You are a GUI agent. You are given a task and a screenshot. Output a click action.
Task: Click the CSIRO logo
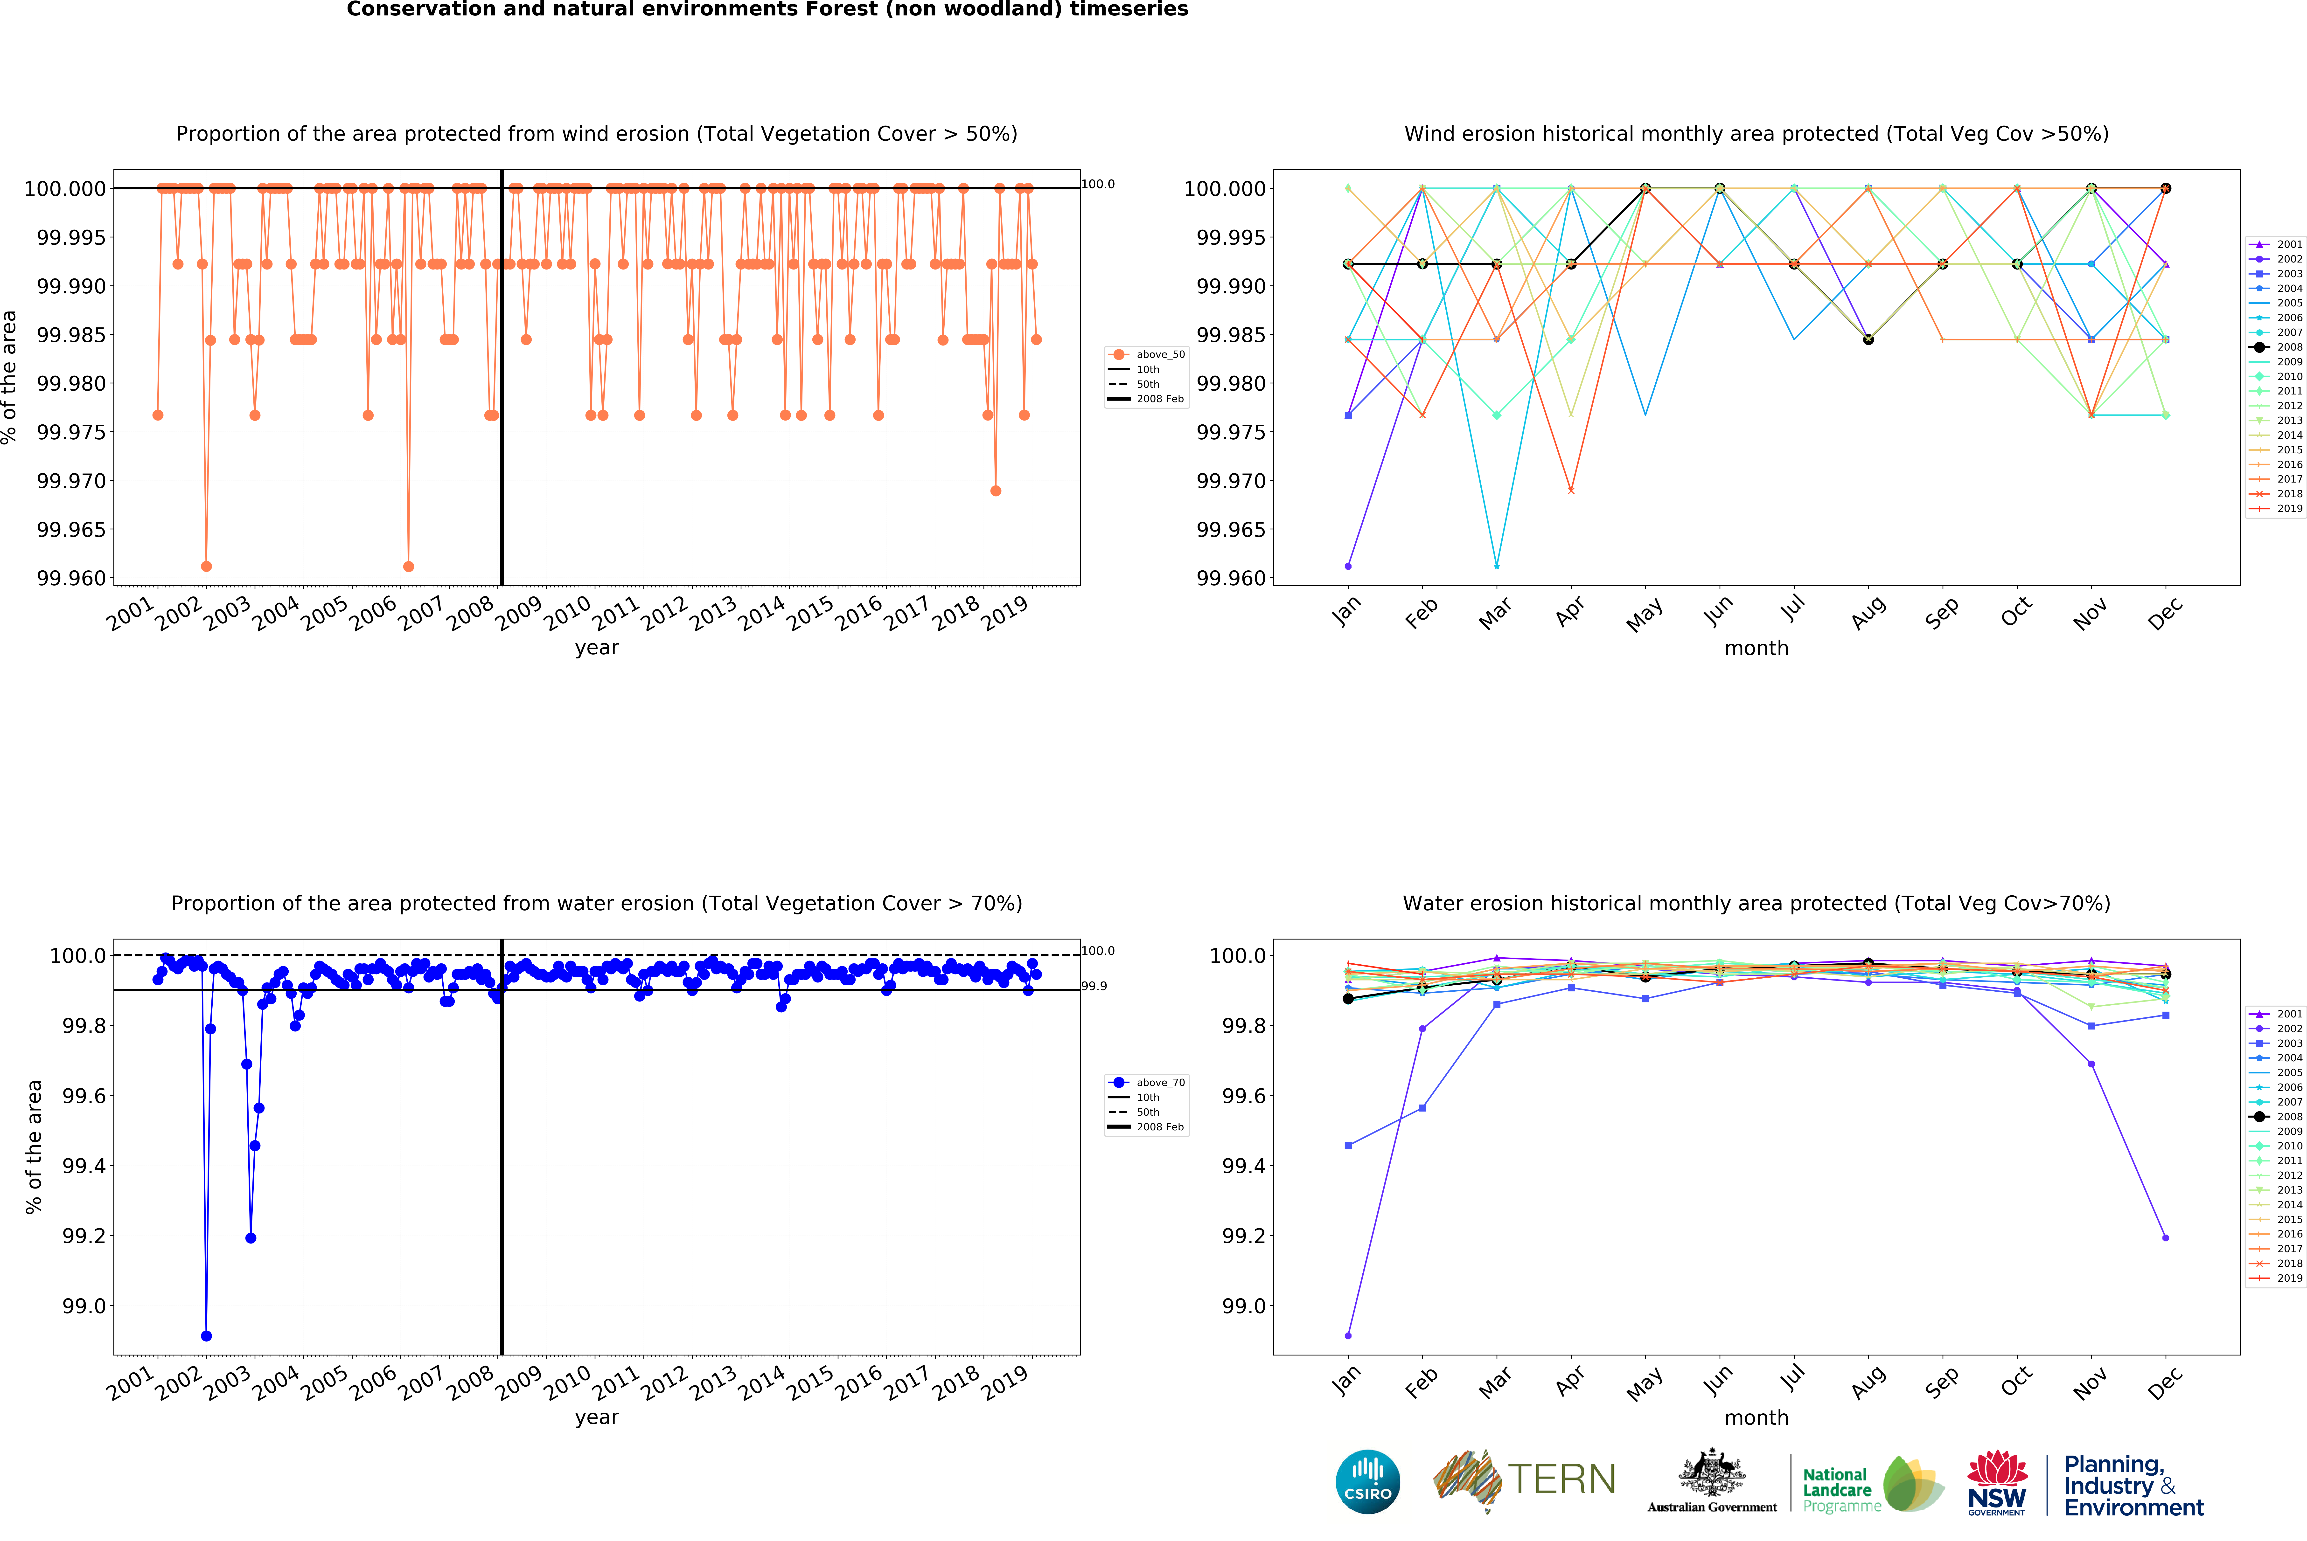(x=1367, y=1481)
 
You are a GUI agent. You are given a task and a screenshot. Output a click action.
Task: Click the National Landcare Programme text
(x=1840, y=1490)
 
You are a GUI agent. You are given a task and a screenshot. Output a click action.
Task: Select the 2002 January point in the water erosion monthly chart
(x=1348, y=1336)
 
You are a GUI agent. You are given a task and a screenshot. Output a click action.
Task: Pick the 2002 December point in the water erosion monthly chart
(x=2166, y=1238)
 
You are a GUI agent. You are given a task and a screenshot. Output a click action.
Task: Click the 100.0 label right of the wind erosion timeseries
(x=1098, y=184)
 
